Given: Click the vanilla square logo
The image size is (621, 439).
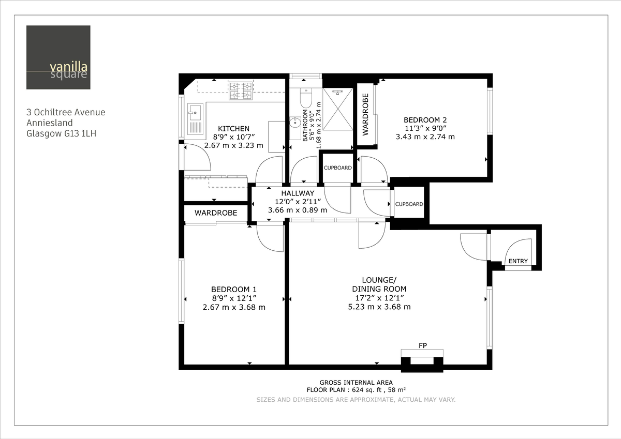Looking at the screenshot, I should pos(58,57).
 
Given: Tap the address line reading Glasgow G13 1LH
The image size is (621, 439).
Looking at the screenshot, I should pos(61,133).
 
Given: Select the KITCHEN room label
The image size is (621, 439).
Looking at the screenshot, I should pos(233,129).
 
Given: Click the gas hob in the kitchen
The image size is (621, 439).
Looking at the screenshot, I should pos(241,90).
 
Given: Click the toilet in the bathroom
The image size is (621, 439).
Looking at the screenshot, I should pos(305,98).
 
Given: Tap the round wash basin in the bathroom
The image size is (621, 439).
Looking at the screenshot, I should pos(295,123).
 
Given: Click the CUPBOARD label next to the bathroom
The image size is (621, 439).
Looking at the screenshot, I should pos(337,168).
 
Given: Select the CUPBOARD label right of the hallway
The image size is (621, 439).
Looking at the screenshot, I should pos(409,204).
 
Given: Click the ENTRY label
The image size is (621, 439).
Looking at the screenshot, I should pos(518,262).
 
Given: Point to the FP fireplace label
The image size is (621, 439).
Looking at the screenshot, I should pos(422,345).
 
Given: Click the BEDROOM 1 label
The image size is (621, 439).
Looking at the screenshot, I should pos(233,290).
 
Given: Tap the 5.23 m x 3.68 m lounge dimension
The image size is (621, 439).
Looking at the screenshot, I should pos(379,307).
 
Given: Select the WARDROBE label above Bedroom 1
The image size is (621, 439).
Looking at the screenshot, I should pos(216,213).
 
